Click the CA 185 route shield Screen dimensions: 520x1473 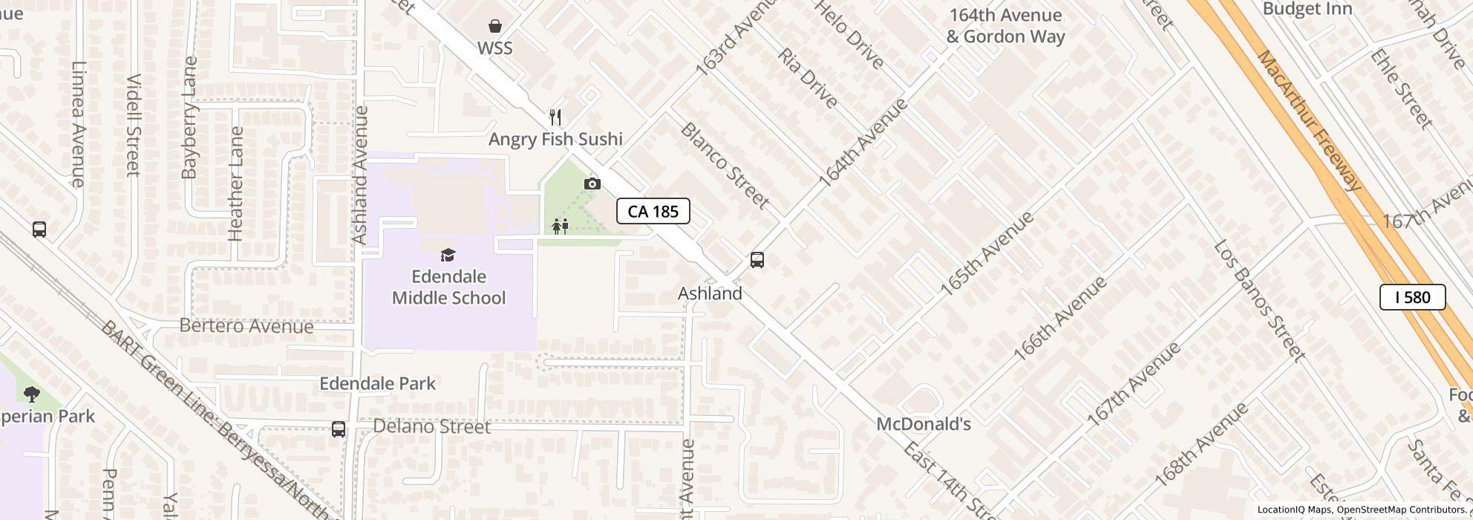(x=653, y=211)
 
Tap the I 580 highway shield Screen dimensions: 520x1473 (x=1412, y=297)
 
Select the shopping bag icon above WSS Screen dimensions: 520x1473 (x=495, y=27)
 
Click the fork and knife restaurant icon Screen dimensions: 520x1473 (x=555, y=117)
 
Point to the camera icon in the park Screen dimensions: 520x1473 (x=592, y=183)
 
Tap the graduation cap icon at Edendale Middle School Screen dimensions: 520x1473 (x=448, y=256)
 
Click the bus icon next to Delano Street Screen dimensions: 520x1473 (x=339, y=429)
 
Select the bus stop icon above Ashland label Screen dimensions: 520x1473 (x=757, y=260)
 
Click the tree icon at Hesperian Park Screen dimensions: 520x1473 (x=31, y=394)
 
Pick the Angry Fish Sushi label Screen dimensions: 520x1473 (x=555, y=139)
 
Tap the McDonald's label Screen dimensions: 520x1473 (x=924, y=424)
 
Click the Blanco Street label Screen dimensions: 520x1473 (x=724, y=165)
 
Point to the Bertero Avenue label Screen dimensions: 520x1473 (x=246, y=326)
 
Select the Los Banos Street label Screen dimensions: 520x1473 (x=1258, y=300)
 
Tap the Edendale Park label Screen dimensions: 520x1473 (x=377, y=383)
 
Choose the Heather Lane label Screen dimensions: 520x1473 (x=236, y=183)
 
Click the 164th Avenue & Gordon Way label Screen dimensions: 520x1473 (x=1005, y=26)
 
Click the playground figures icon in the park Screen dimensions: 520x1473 (x=560, y=226)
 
